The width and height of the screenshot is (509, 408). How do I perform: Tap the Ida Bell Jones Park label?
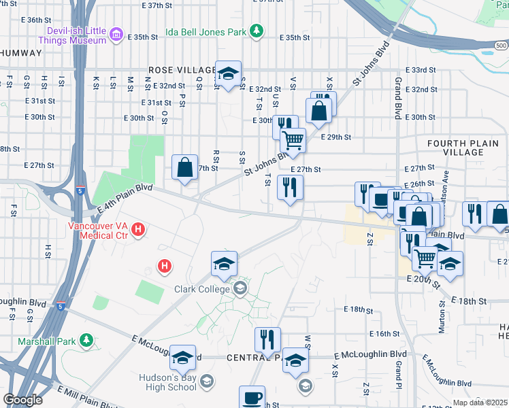point(207,31)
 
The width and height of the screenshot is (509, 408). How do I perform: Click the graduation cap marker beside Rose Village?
point(229,73)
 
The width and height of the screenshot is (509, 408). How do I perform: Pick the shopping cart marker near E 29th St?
point(293,140)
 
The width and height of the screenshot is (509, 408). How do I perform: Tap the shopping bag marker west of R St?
point(185,167)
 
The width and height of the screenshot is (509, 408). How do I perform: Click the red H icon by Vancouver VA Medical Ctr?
point(138,230)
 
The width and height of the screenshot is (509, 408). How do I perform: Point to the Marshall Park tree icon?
point(86,339)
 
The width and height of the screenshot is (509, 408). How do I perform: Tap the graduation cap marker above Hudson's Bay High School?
point(182,358)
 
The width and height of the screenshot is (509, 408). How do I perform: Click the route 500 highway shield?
point(500,46)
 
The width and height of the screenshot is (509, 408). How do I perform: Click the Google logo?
point(22,400)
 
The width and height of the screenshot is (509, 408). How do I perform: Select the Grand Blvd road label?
point(398,99)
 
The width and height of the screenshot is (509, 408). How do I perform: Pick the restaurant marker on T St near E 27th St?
point(291,187)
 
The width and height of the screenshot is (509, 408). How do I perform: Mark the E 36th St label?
point(41,20)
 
